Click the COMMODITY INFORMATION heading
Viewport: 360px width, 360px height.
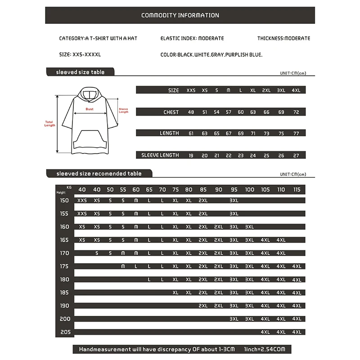180,15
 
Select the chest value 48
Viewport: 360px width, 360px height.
191,112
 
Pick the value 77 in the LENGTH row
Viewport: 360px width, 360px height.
296,133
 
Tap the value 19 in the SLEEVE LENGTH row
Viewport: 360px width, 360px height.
191,155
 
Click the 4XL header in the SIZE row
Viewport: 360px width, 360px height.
296,90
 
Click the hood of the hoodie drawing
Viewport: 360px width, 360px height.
89,95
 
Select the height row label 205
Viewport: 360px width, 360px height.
64,332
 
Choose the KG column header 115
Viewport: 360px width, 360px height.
297,189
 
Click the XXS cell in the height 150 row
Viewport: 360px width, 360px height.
82,200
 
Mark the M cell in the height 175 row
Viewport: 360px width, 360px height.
123,266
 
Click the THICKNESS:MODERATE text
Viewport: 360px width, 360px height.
283,39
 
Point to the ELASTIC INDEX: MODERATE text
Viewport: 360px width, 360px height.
192,39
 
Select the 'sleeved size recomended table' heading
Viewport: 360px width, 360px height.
99,174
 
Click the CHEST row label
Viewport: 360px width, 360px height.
171,112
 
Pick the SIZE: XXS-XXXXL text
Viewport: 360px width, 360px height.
80,54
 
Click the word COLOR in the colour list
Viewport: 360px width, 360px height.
168,54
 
